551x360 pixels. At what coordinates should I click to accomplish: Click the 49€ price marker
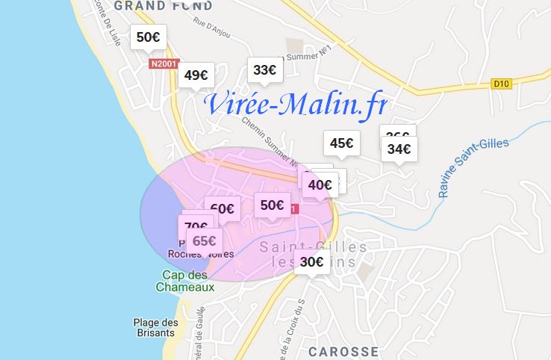point(196,75)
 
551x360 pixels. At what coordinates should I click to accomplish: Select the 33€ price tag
point(264,70)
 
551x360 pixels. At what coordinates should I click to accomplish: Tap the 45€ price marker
point(342,143)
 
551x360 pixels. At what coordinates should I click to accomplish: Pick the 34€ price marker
point(399,149)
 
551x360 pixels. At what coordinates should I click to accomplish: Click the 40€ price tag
point(320,184)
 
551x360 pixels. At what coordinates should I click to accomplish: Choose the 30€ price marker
point(311,261)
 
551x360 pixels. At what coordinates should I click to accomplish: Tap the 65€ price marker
point(204,240)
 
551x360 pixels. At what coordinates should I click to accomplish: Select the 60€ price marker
point(222,209)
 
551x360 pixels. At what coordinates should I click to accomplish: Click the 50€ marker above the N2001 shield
point(148,37)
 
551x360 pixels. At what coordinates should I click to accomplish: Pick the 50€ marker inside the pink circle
point(272,205)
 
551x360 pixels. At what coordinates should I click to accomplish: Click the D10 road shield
point(501,84)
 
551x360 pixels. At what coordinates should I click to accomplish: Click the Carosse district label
point(343,351)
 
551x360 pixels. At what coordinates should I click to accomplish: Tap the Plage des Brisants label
point(156,329)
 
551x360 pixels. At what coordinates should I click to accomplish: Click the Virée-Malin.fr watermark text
point(296,105)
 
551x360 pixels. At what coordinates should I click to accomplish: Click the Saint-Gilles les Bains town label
point(314,253)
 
